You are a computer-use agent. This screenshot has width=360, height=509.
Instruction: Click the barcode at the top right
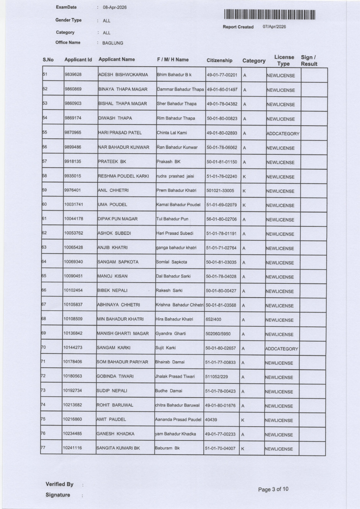270,15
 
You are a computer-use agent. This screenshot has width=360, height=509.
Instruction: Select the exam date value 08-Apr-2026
115,8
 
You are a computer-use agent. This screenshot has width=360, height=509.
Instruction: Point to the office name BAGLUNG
113,43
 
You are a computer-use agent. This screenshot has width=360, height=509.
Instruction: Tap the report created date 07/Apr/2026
274,27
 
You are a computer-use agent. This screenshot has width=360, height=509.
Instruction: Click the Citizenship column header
219,61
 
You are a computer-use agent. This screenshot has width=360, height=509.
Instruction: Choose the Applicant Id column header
78,60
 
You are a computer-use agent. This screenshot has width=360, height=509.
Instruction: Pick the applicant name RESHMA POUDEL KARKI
123,176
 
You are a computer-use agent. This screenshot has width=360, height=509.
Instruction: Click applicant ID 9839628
73,74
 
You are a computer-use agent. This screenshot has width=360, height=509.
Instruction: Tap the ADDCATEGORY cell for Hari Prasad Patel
283,134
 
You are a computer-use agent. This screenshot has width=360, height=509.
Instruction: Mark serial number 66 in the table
44,290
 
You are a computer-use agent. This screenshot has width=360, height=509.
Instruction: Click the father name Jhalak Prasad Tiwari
175,376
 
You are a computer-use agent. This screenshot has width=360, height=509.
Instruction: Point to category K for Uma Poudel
244,205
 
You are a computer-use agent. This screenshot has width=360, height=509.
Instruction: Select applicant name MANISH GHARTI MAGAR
123,334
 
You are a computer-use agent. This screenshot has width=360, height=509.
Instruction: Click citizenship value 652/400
213,319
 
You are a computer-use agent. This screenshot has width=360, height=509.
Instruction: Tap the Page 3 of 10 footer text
273,489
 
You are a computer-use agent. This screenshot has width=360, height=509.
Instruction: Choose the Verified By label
59,484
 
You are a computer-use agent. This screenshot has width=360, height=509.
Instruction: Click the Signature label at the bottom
58,495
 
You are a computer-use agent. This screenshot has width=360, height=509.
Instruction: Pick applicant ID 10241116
72,448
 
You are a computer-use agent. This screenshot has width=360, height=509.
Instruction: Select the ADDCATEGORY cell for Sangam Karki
281,349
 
